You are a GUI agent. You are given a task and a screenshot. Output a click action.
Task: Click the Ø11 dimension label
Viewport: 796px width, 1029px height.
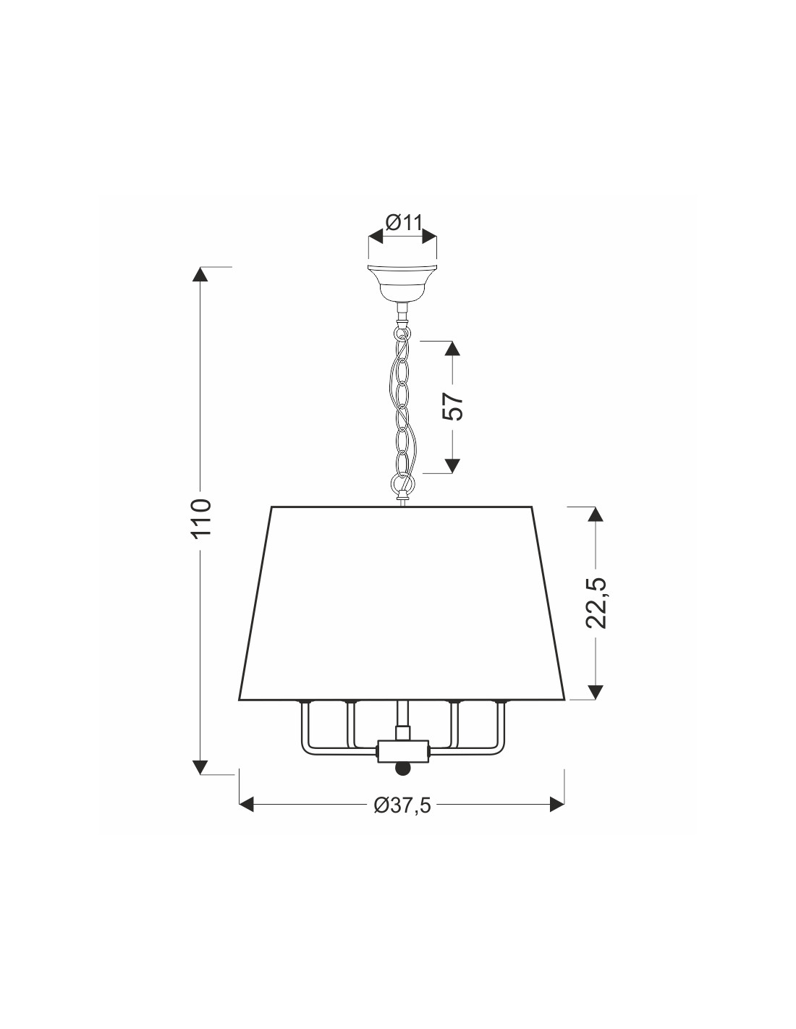point(403,222)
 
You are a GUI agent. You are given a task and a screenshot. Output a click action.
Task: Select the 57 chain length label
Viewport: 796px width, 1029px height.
point(453,406)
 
